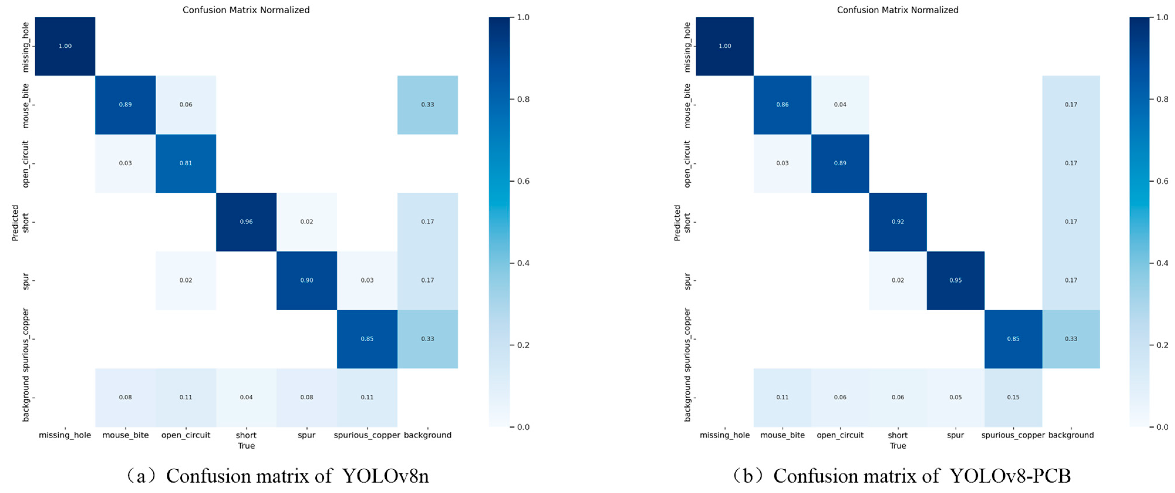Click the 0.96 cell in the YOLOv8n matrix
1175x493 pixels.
tap(246, 222)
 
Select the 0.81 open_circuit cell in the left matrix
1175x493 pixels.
tap(186, 163)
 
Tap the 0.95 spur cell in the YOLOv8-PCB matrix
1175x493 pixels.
tap(955, 280)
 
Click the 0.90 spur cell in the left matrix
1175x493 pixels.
tap(307, 280)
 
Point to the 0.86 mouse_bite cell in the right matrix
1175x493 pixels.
tap(782, 104)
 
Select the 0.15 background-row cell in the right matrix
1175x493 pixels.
tap(1013, 397)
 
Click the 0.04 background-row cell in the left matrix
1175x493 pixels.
tap(246, 397)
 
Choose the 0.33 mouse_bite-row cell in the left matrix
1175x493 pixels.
tap(427, 104)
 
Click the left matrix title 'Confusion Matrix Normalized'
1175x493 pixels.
tap(246, 10)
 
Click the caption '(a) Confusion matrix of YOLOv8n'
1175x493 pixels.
tap(278, 476)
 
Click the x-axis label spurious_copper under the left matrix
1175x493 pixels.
tap(367, 435)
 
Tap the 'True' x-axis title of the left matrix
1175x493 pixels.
tap(246, 445)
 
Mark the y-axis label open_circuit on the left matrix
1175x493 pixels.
tap(26, 164)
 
